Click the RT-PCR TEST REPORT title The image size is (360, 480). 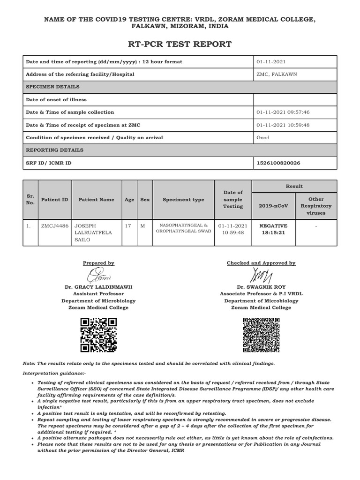pos(180,45)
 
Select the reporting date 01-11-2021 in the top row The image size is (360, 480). pos(271,62)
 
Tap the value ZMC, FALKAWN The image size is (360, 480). pos(277,75)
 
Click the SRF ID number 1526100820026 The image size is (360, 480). pos(278,163)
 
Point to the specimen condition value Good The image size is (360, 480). pos(263,138)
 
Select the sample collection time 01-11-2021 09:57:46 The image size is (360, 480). pos(283,112)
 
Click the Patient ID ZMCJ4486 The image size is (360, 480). pos(54,226)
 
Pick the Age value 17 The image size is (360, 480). pos(127,226)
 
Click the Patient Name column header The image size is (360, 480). pos(96,200)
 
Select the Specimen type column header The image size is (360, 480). pos(183,200)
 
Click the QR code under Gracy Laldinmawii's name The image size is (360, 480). pos(98,335)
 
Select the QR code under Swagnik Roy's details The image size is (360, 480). pos(261,335)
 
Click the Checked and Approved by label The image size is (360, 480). pos(261,263)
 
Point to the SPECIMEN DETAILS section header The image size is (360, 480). pos(52,87)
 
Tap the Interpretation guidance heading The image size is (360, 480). pos(54,373)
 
